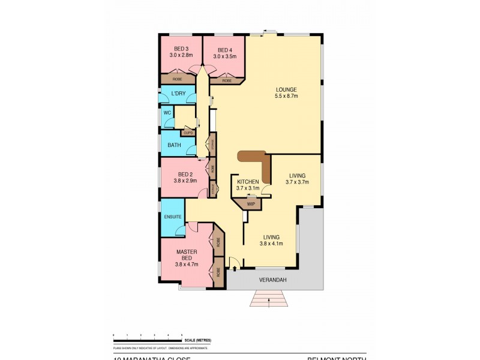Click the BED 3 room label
[x=181, y=49]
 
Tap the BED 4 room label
[x=224, y=50]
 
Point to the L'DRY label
[x=178, y=94]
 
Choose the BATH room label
[x=174, y=145]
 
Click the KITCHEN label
[x=248, y=181]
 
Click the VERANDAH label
[x=271, y=280]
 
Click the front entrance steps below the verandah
[x=269, y=298]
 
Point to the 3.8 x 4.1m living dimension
[x=271, y=244]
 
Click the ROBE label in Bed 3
[x=178, y=79]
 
